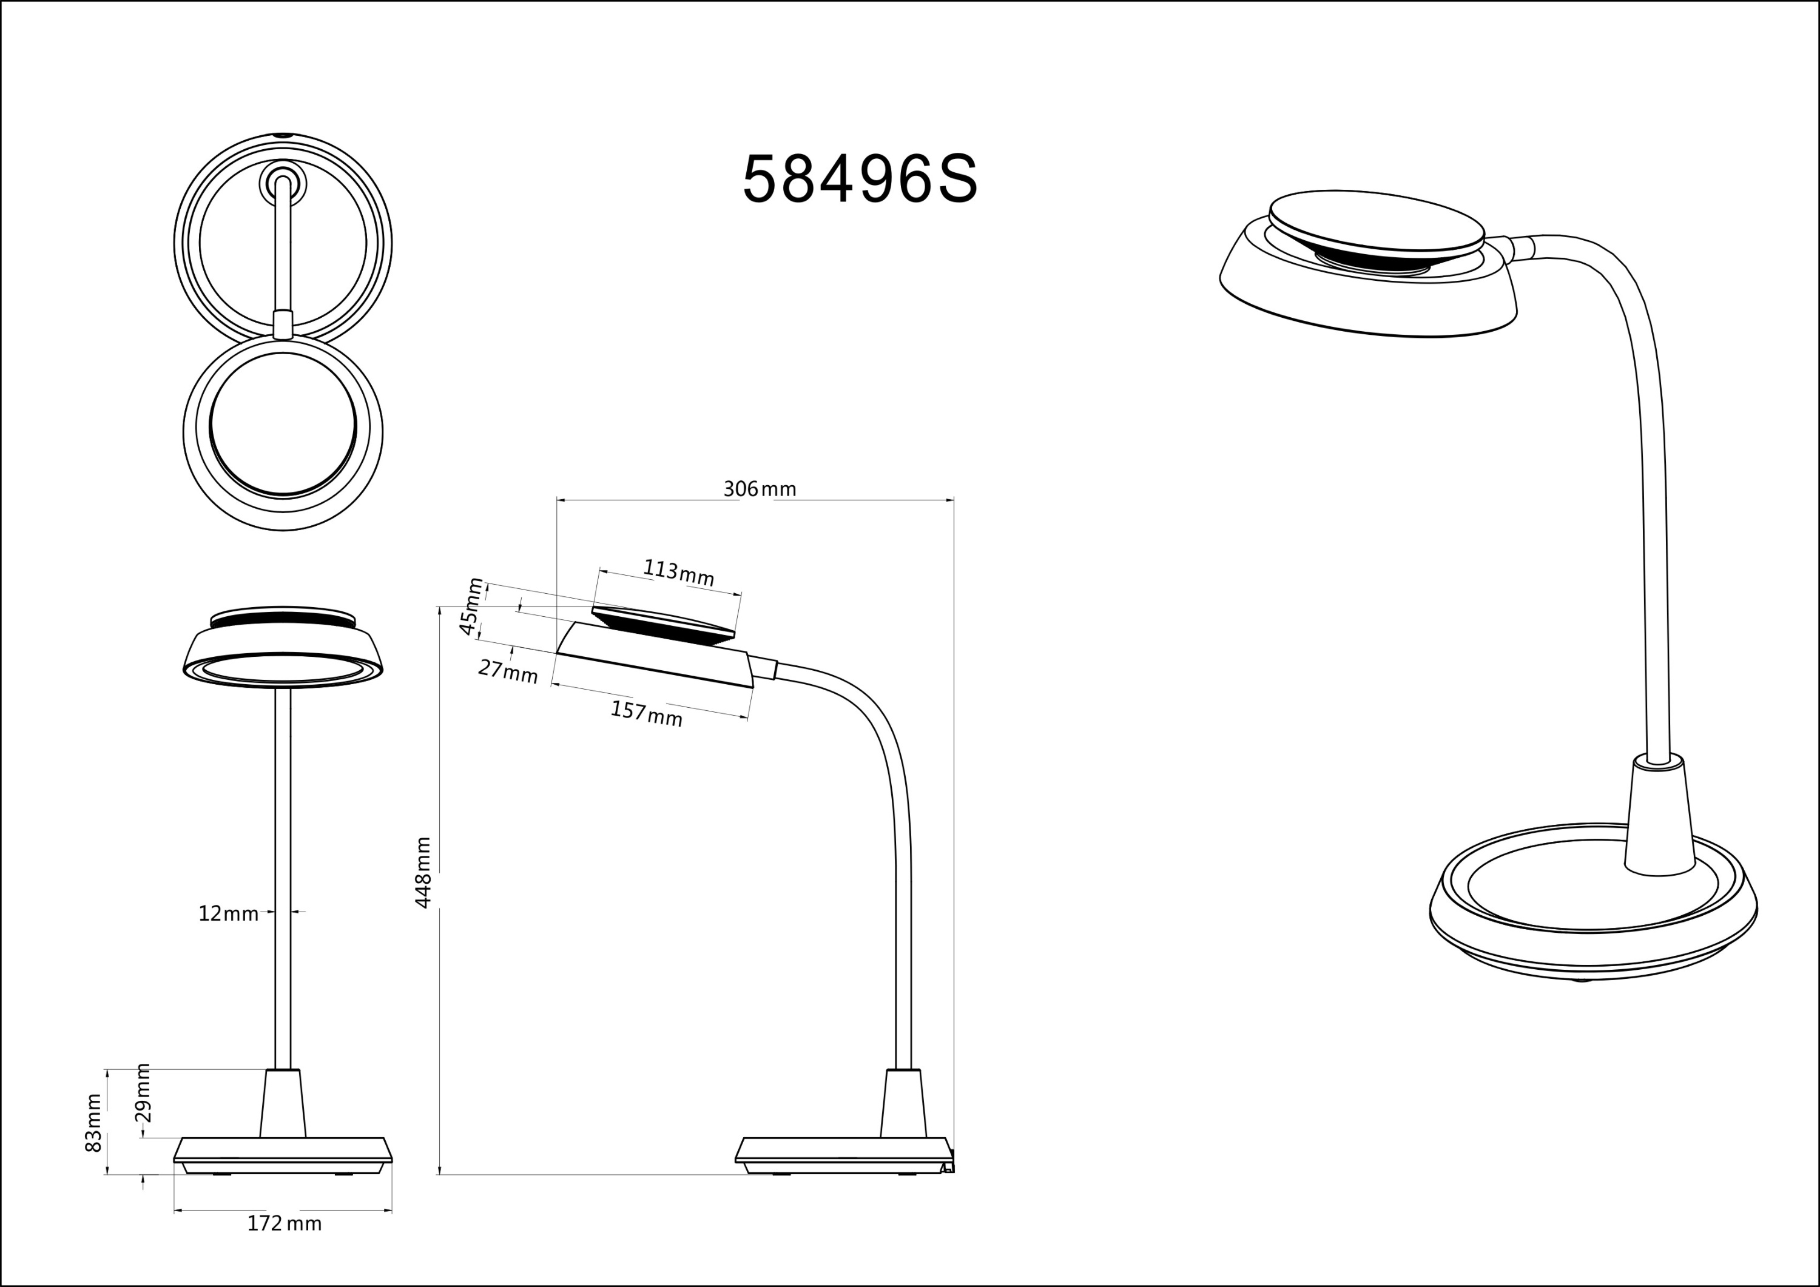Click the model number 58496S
pyautogui.click(x=860, y=179)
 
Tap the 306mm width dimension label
pyautogui.click(x=760, y=489)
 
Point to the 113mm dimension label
pyautogui.click(x=678, y=572)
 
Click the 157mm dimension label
pyautogui.click(x=646, y=713)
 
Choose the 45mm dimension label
pyautogui.click(x=471, y=607)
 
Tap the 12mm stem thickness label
pyautogui.click(x=228, y=914)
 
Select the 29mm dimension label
pyautogui.click(x=143, y=1093)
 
